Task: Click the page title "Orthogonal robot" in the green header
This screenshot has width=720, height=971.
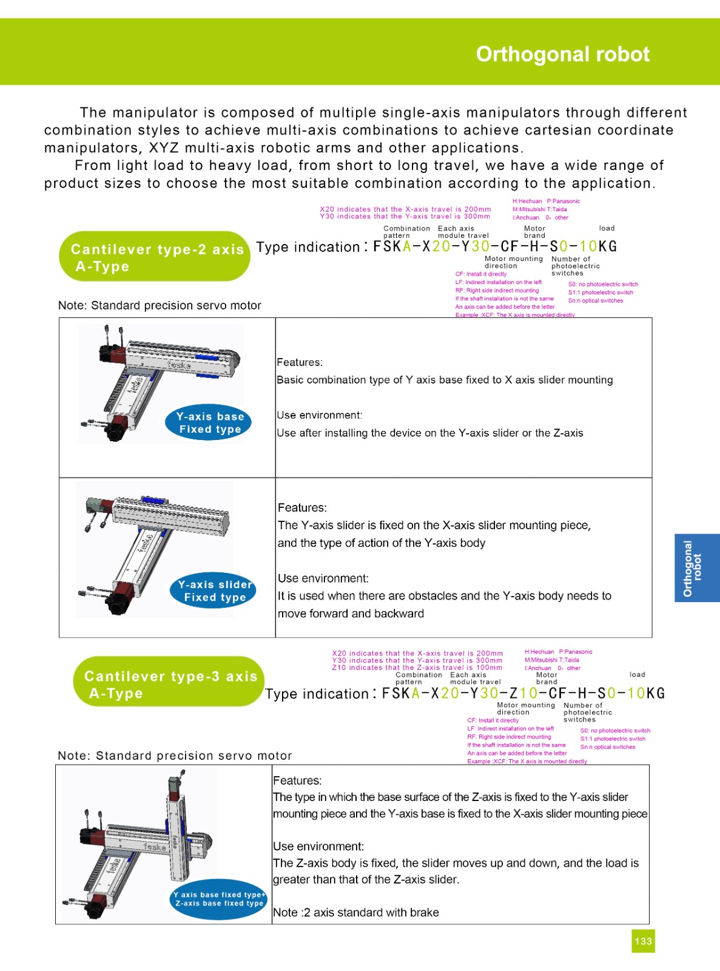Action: pyautogui.click(x=562, y=55)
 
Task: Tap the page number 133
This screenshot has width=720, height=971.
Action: pyautogui.click(x=643, y=941)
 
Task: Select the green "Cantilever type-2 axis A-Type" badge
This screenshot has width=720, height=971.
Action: pyautogui.click(x=154, y=257)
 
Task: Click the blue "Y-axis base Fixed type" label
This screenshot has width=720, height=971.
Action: pyautogui.click(x=209, y=423)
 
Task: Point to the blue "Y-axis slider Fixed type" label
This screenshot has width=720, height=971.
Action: pyautogui.click(x=214, y=591)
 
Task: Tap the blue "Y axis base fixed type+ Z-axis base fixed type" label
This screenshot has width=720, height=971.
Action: pyautogui.click(x=219, y=899)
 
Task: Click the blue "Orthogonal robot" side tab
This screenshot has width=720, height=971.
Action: pyautogui.click(x=696, y=568)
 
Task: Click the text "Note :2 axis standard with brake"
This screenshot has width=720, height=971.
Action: pyautogui.click(x=355, y=912)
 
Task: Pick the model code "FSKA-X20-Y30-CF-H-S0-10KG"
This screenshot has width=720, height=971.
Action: pyautogui.click(x=494, y=246)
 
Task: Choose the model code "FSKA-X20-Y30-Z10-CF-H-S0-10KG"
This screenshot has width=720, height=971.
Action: pyautogui.click(x=523, y=693)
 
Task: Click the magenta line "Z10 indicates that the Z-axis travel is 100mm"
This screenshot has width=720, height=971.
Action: pyautogui.click(x=417, y=668)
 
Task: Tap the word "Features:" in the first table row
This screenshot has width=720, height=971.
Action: pyautogui.click(x=300, y=362)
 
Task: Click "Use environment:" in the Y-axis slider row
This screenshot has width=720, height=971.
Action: pyautogui.click(x=323, y=578)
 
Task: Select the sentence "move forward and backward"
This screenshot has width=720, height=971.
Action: pyautogui.click(x=351, y=614)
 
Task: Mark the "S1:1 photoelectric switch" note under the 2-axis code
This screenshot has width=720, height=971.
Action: pyautogui.click(x=600, y=293)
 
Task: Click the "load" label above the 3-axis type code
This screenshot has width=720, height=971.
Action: pyautogui.click(x=637, y=674)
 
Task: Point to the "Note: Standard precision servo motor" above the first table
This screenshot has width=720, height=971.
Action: pyautogui.click(x=160, y=305)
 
